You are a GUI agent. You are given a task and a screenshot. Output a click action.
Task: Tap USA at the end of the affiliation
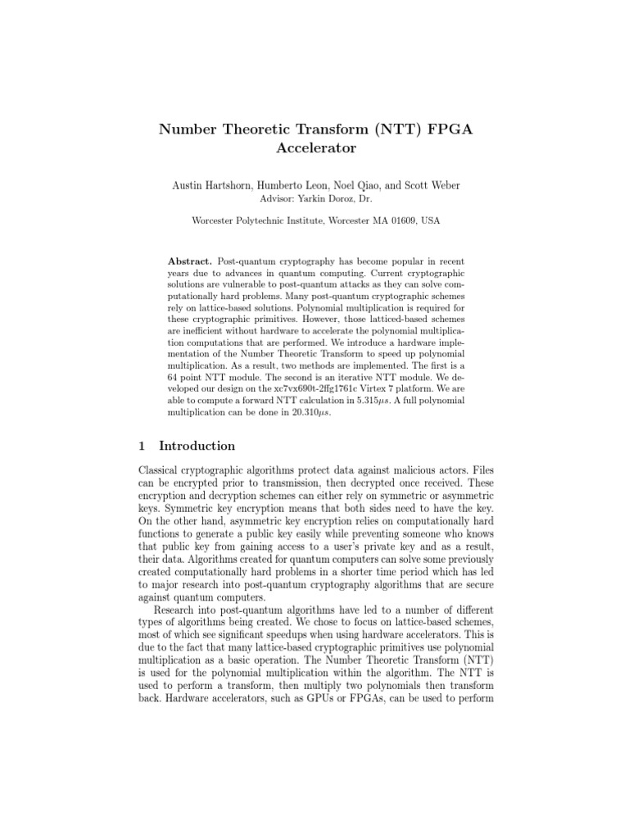[429, 220]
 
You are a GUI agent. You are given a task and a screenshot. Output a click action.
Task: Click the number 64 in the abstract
[173, 378]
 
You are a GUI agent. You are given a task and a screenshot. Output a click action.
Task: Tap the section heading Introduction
[197, 447]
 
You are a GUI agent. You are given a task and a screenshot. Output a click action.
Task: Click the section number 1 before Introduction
[142, 447]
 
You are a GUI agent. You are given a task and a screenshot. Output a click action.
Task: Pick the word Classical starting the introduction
[161, 468]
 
